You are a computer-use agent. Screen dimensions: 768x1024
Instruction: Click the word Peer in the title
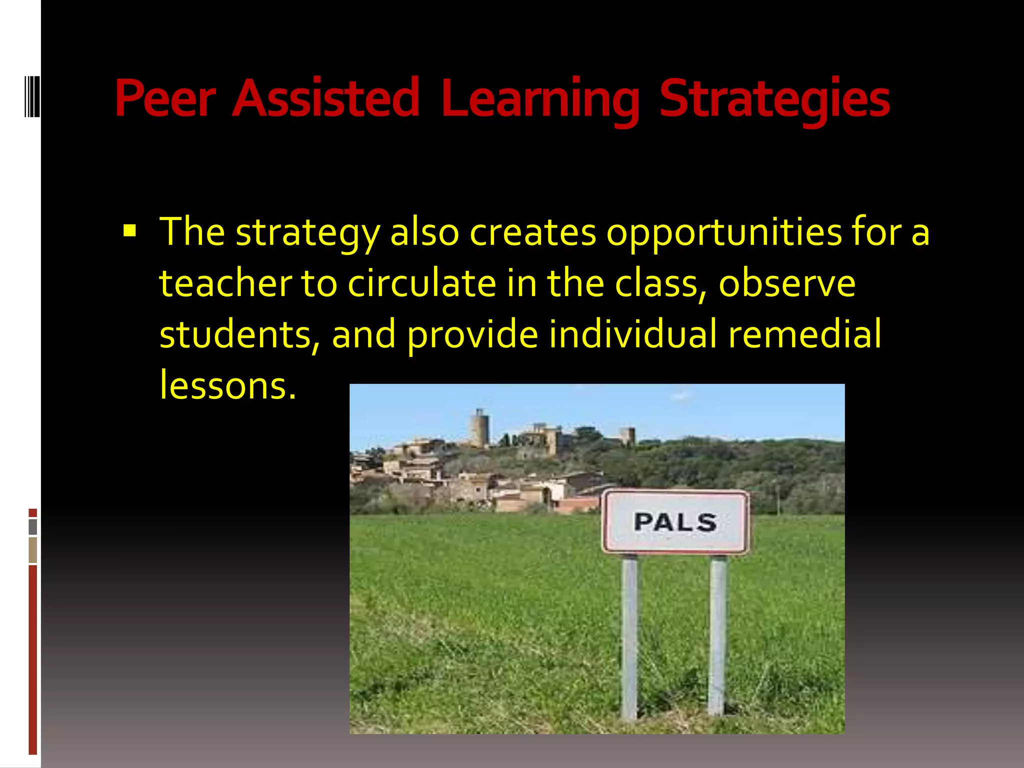coord(165,98)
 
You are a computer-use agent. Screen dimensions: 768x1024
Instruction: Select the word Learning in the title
coord(540,99)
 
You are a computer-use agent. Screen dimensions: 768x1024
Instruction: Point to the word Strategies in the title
coord(774,99)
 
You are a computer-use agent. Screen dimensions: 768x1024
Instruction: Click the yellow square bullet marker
coord(129,231)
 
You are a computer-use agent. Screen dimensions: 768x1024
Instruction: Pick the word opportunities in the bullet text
coord(724,232)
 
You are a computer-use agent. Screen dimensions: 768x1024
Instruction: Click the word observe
coord(787,283)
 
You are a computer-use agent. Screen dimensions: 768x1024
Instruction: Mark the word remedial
coord(804,334)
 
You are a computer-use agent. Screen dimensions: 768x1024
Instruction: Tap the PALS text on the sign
coord(675,522)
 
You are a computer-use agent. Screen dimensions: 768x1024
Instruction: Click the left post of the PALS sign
coord(629,635)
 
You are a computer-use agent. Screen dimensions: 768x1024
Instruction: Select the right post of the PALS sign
coord(717,635)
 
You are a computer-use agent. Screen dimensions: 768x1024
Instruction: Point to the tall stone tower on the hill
coord(480,427)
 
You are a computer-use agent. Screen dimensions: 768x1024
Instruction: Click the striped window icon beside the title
coord(32,96)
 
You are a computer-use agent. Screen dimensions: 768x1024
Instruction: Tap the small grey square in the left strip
coord(33,526)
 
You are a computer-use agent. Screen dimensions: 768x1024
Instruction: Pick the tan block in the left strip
coord(33,549)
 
